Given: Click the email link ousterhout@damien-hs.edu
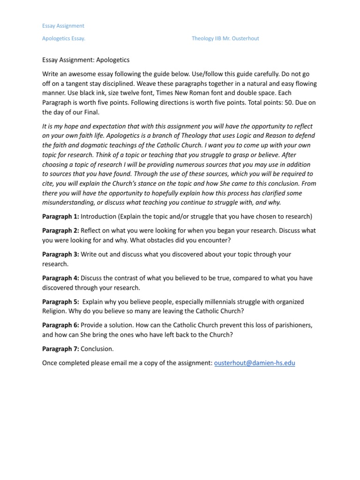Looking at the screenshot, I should click(254, 363).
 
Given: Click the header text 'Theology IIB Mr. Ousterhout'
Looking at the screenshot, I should click(225, 38).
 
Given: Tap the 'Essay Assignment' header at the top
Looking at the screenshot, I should click(63, 26).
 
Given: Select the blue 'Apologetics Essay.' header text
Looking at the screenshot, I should click(64, 38).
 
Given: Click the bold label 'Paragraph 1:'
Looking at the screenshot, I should click(60, 217).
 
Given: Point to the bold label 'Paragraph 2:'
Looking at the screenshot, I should click(60, 231).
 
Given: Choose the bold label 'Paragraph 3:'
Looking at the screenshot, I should click(60, 254).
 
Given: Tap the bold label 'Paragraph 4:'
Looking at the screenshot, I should click(60, 278).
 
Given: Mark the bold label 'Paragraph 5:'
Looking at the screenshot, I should click(60, 301).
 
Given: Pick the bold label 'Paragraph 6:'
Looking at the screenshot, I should click(60, 325).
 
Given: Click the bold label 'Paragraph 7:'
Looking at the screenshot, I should click(60, 349).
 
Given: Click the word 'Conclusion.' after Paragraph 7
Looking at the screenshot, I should click(97, 349).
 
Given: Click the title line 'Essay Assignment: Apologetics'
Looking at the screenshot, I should click(86, 60).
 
